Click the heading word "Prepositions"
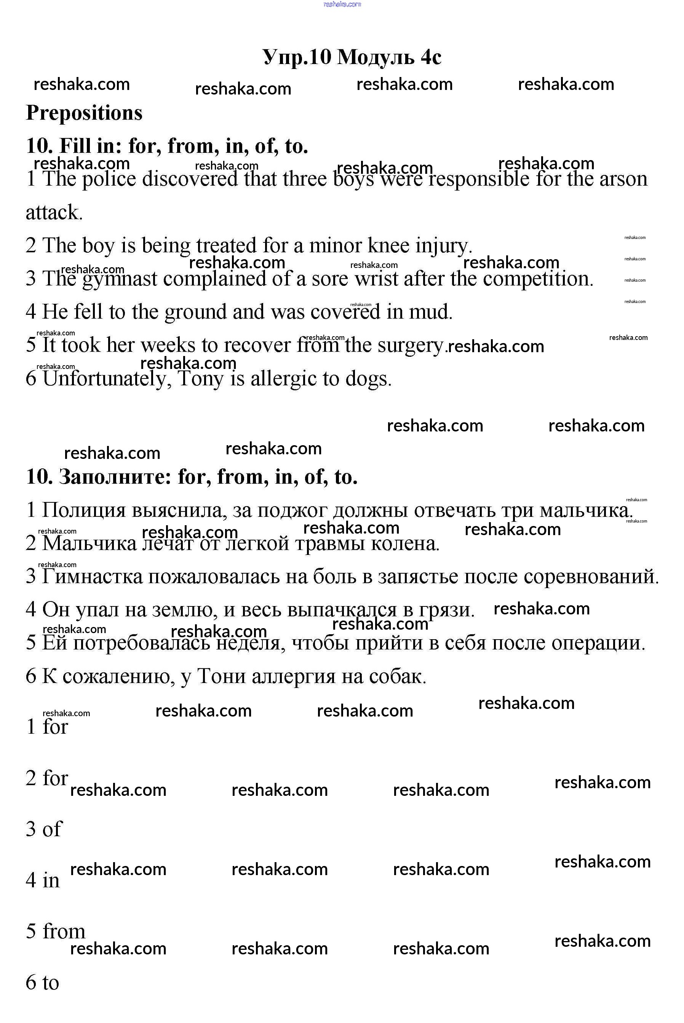click(x=84, y=113)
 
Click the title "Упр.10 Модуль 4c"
click(x=352, y=57)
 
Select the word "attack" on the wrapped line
click(x=53, y=213)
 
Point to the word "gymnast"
click(x=120, y=279)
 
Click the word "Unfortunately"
click(x=105, y=378)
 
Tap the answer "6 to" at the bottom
click(x=42, y=983)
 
